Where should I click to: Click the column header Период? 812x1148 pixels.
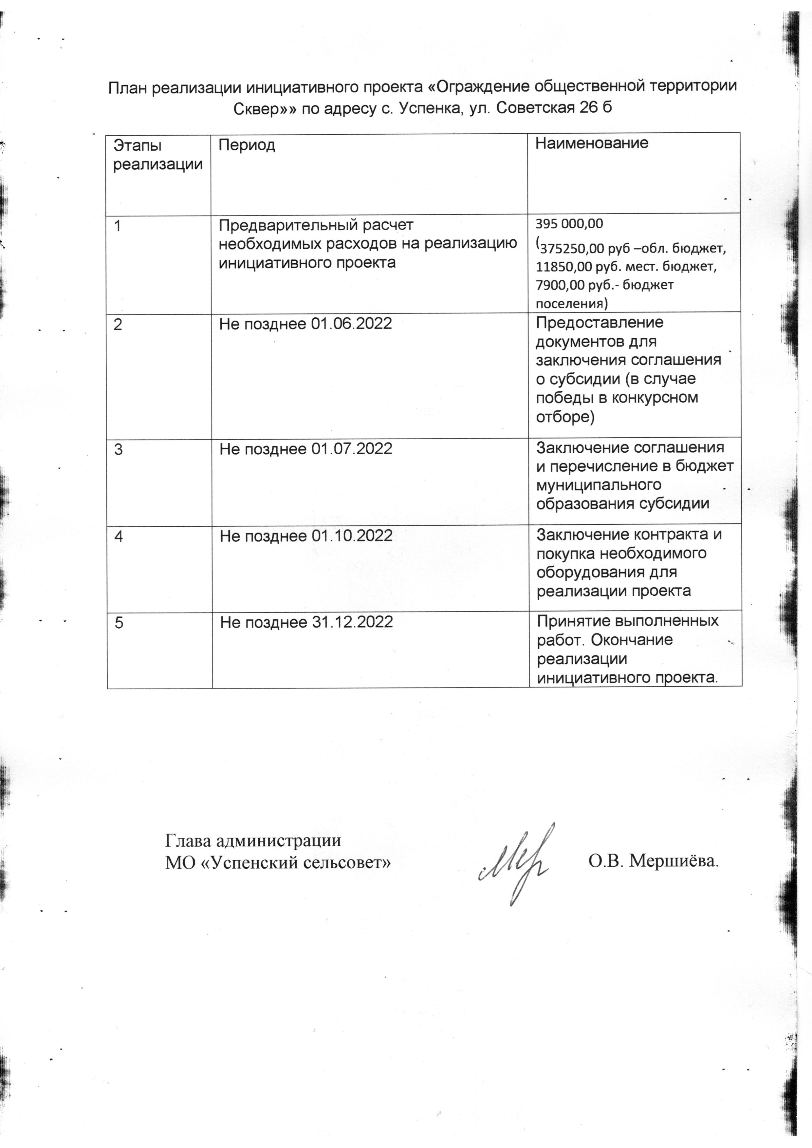coord(247,145)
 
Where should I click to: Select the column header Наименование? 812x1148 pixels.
coord(592,143)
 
